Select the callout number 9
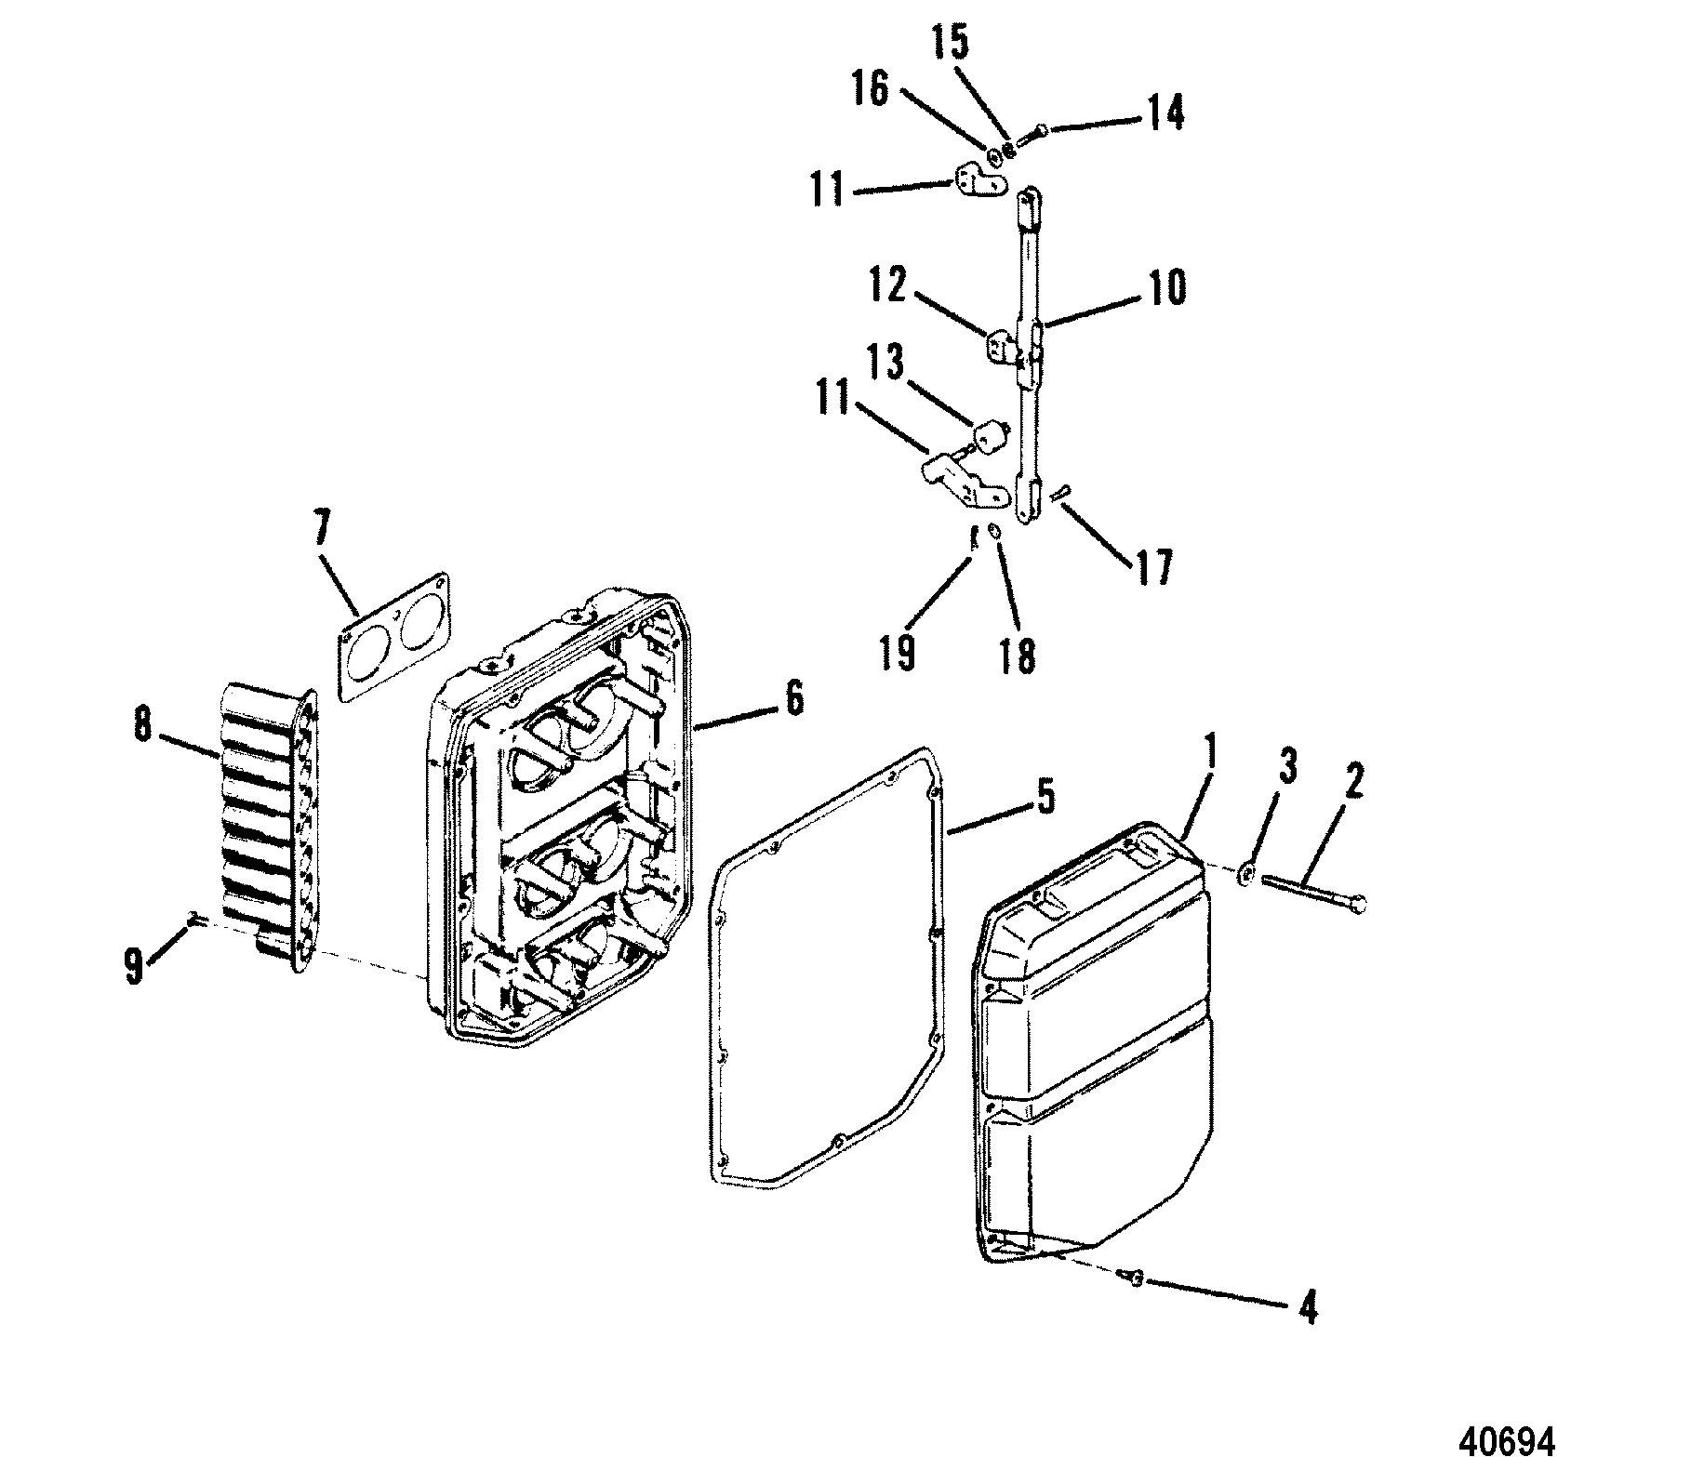click(x=135, y=966)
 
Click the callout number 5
click(x=1045, y=798)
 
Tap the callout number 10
click(x=1168, y=288)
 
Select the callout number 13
click(x=886, y=364)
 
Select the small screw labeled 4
click(x=1135, y=1279)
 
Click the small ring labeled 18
click(x=993, y=533)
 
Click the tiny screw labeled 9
click(x=193, y=920)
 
